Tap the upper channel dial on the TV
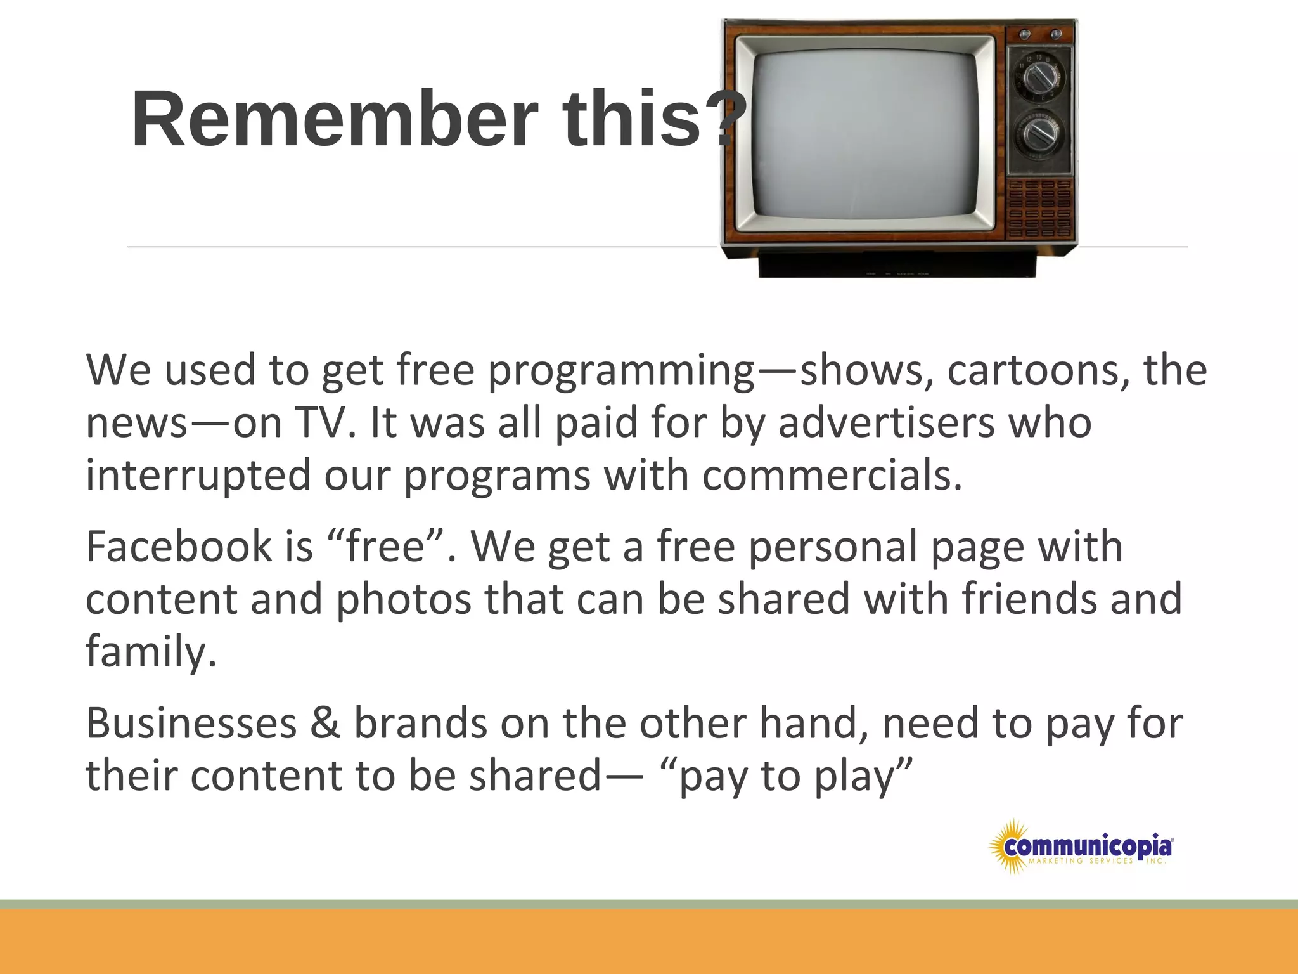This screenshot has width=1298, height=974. [1039, 79]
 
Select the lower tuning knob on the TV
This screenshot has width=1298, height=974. [1039, 134]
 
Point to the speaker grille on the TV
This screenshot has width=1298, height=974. [1039, 208]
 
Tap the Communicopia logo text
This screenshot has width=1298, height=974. [1088, 846]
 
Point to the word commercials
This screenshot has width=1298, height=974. [832, 476]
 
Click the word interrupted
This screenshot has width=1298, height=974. [198, 476]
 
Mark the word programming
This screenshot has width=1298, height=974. [621, 371]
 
